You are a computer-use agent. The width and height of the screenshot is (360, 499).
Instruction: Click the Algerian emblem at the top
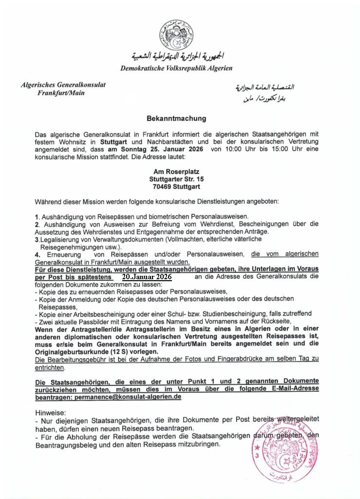pyautogui.click(x=176, y=35)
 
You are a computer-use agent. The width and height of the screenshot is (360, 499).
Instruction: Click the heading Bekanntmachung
pyautogui.click(x=176, y=118)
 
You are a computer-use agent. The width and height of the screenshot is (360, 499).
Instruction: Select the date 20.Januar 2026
pyautogui.click(x=147, y=276)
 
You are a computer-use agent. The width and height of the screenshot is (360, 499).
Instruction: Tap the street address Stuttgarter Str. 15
pyautogui.click(x=176, y=179)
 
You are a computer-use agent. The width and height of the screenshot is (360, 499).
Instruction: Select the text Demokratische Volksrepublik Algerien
pyautogui.click(x=176, y=68)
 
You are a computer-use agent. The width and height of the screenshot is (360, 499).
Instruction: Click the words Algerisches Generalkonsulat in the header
pyautogui.click(x=63, y=85)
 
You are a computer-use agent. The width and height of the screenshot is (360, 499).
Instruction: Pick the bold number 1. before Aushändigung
pyautogui.click(x=37, y=216)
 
